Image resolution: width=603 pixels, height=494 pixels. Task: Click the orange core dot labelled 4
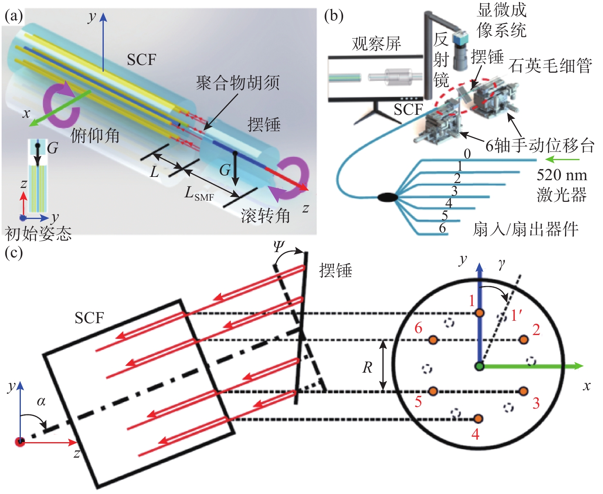coord(478,419)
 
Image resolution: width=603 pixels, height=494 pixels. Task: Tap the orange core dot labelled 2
coord(523,340)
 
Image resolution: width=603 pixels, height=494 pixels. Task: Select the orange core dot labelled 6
coord(433,340)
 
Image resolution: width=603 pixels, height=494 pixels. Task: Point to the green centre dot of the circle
coord(480,366)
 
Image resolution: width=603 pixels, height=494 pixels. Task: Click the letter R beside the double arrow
coord(367,368)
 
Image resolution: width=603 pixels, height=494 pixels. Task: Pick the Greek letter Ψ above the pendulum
coord(279,247)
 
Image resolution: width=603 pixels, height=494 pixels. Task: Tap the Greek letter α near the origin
coord(41,401)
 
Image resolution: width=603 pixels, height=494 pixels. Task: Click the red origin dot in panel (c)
coord(20,441)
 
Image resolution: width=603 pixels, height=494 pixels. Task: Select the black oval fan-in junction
coord(387,197)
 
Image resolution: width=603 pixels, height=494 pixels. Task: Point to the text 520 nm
coord(562,175)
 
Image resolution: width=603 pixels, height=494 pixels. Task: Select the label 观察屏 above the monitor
coord(377,44)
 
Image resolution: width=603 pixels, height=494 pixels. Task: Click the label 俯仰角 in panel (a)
coord(95,135)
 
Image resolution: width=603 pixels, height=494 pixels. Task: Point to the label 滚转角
coord(266,215)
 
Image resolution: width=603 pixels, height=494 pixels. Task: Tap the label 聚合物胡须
coord(238,83)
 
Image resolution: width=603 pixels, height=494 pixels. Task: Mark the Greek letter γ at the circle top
coord(501,266)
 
